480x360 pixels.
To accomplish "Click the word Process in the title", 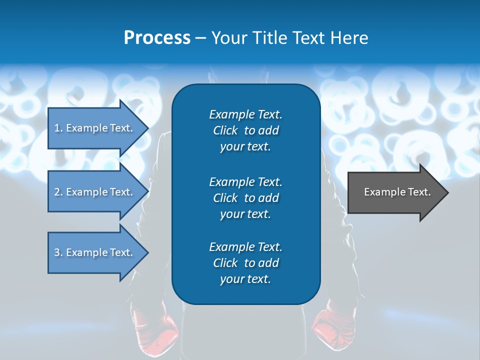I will (157, 38).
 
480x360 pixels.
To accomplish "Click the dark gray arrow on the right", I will (395, 192).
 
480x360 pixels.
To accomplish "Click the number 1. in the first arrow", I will (58, 128).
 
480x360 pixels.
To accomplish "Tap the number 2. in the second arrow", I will (58, 192).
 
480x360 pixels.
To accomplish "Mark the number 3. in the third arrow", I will (58, 252).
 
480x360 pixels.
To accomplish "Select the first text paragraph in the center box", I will (245, 130).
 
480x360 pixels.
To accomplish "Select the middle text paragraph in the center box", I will (245, 197).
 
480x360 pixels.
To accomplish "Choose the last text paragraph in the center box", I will (245, 263).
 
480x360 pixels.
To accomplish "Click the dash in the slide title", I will (200, 38).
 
